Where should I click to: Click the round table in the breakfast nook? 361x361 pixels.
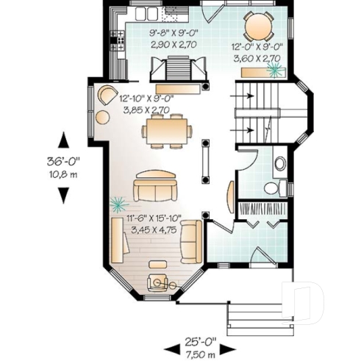258,26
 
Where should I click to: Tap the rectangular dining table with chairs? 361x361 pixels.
168,132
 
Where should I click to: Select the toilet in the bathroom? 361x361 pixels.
273,188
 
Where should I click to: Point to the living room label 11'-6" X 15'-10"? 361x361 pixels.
156,219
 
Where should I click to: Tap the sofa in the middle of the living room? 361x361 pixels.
155,189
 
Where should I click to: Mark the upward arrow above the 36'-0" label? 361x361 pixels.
63,140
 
